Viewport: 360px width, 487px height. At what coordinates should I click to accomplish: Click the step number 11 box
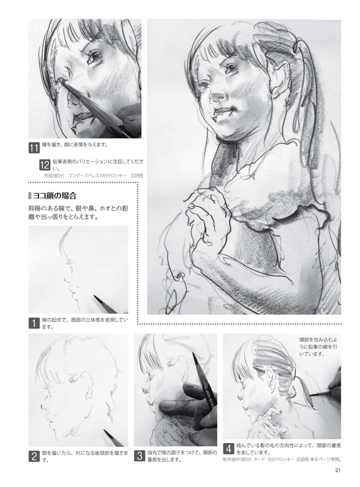(x=34, y=147)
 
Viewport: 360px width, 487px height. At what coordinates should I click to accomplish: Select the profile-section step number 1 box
(x=34, y=323)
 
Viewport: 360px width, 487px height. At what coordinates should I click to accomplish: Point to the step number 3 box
(x=139, y=456)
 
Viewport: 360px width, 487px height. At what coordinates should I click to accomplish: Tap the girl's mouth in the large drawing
(x=221, y=113)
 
